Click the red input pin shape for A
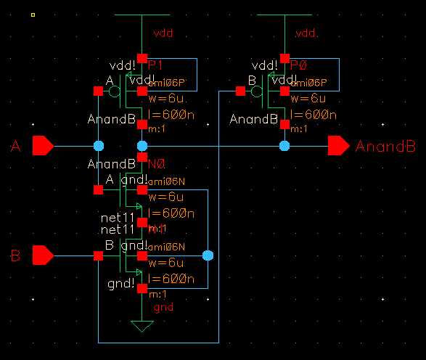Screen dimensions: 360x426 (42, 146)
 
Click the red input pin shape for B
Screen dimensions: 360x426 (42, 255)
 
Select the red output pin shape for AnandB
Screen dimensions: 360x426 (338, 146)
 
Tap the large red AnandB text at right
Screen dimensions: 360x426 (385, 147)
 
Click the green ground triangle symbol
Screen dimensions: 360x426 (142, 327)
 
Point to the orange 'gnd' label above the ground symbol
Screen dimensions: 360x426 (163, 308)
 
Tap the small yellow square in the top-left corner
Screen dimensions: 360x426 (33, 14)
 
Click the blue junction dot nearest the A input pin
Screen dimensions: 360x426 (99, 146)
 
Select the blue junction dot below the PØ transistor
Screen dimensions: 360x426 (284, 146)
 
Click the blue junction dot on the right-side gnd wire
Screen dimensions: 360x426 (208, 255)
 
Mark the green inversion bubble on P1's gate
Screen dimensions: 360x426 (114, 91)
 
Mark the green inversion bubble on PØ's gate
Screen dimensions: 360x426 (256, 91)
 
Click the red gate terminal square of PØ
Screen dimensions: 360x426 (240, 91)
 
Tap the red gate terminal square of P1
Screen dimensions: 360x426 (98, 91)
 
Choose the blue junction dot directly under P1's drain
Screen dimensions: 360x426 (142, 146)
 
